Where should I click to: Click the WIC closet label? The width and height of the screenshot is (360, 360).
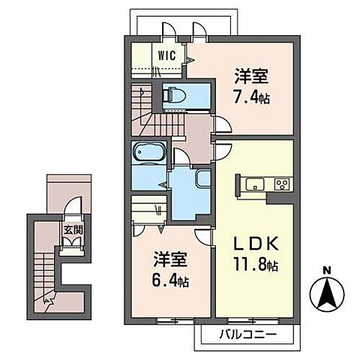point(166,54)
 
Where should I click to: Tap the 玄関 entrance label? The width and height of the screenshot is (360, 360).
point(72,230)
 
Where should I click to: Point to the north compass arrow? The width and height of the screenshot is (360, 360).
point(327,294)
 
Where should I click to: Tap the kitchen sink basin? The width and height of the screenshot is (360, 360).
point(253,184)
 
